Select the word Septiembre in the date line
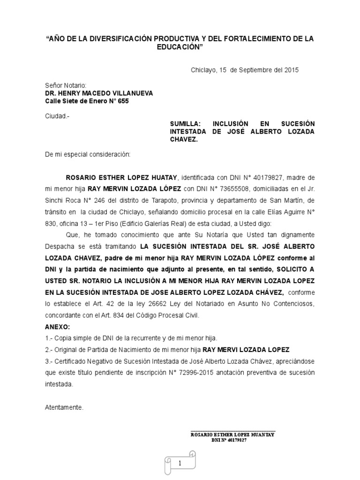(255, 70)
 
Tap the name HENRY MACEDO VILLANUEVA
(98, 93)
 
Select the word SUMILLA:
(185, 123)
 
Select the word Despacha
(58, 246)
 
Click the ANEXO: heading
(57, 326)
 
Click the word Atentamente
(64, 407)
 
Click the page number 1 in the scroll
(180, 463)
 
